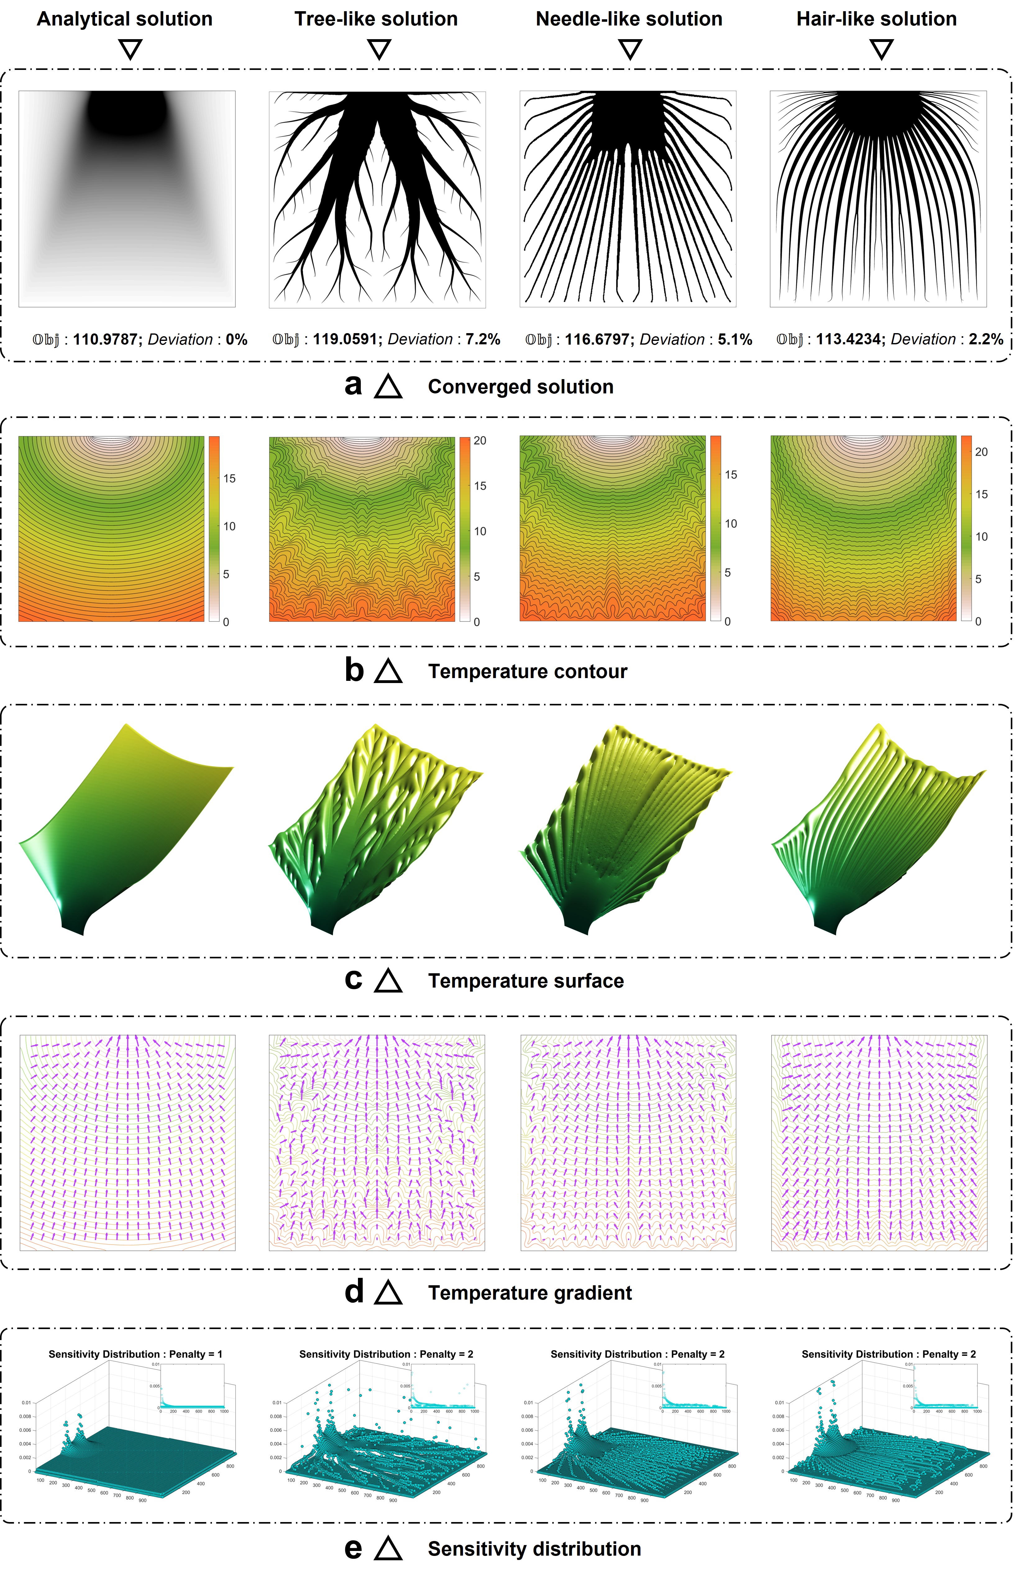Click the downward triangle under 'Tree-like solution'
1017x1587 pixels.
379,49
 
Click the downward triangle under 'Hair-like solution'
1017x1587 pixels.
882,49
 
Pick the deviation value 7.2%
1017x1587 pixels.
483,339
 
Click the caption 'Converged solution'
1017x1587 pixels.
520,387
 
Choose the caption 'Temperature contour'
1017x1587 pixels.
527,672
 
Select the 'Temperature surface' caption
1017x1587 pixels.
526,981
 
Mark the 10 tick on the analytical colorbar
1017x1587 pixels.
229,526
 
